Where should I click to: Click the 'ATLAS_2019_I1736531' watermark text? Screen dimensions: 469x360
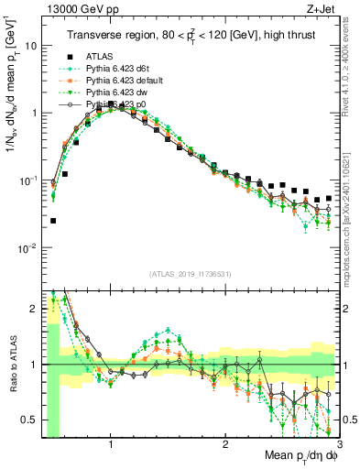pos(191,273)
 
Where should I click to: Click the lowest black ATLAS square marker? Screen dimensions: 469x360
pos(53,221)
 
